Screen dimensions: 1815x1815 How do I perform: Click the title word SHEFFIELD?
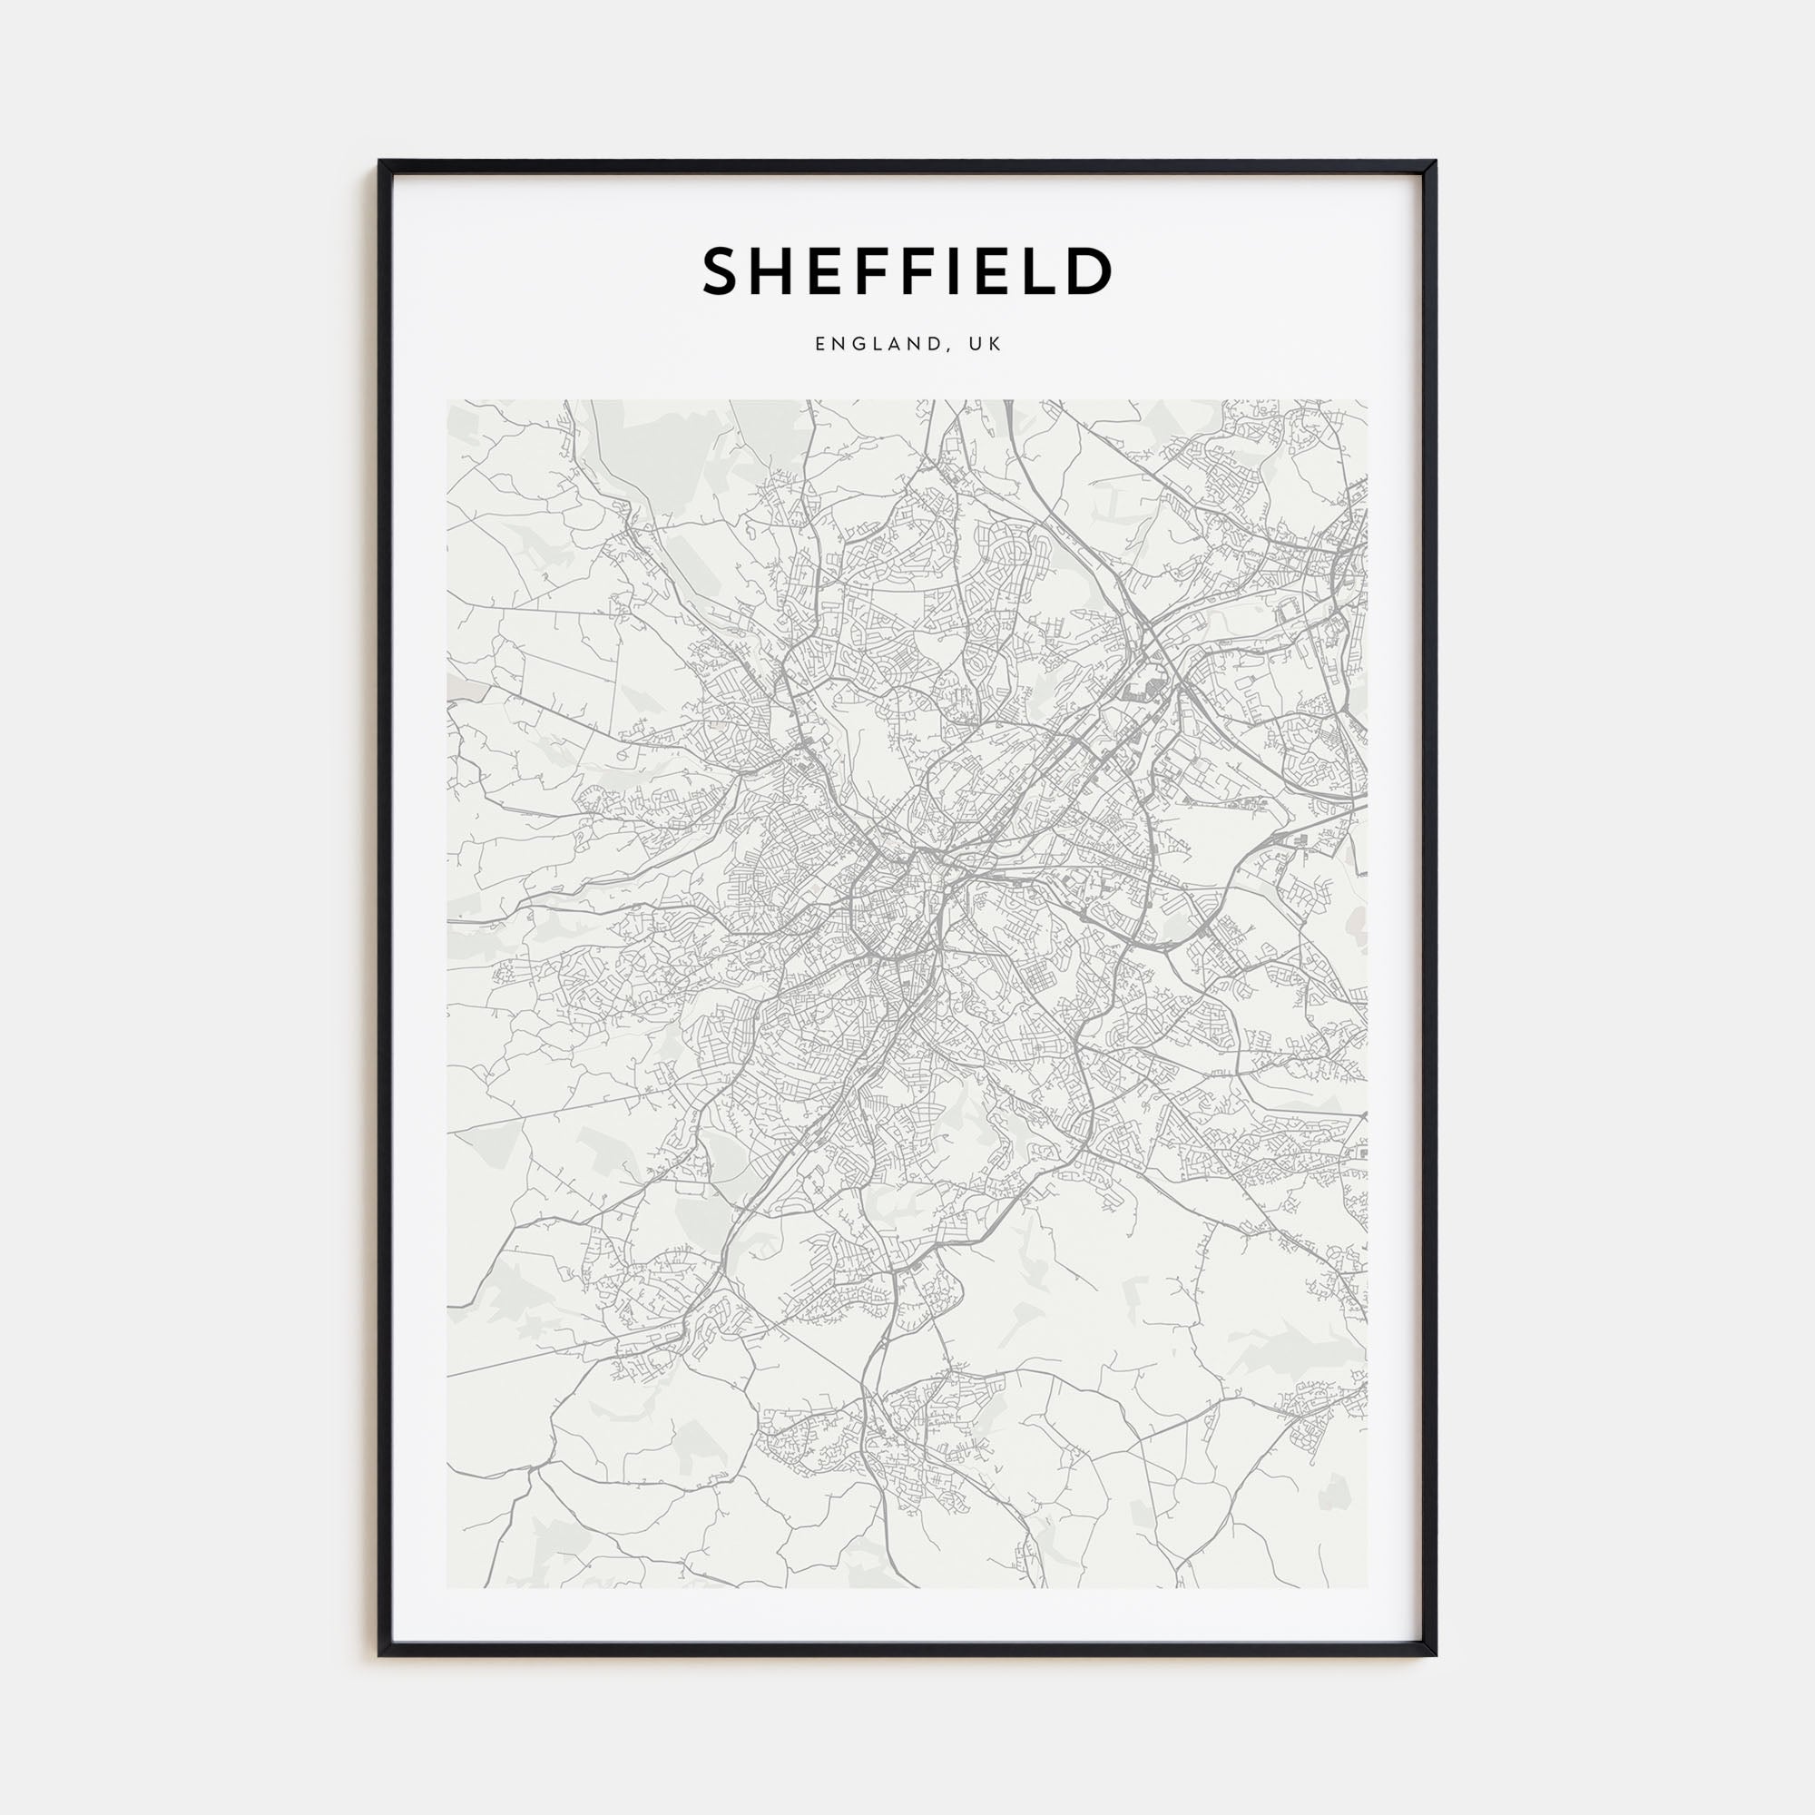click(x=907, y=270)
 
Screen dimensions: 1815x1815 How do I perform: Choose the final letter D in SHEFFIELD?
click(x=1087, y=270)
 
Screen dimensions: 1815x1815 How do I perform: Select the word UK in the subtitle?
click(x=987, y=345)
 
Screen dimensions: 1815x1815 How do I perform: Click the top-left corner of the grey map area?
click(x=447, y=401)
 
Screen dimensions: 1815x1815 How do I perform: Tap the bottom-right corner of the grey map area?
click(x=1368, y=1587)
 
